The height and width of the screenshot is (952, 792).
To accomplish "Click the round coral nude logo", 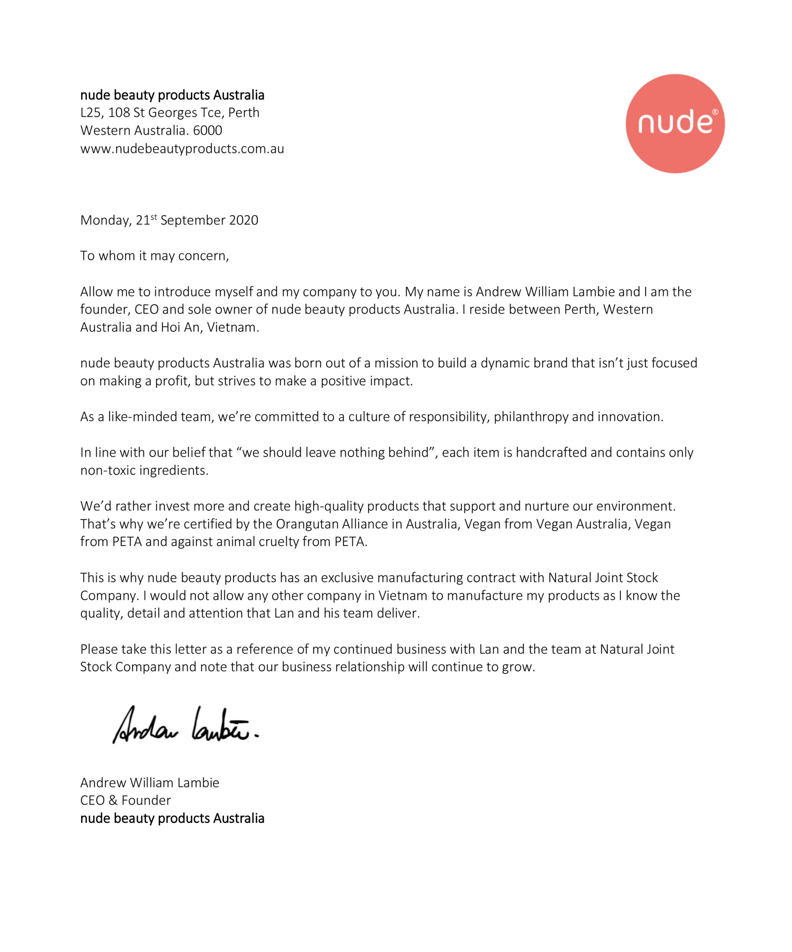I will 675,123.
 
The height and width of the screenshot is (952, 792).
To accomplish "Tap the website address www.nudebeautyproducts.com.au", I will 182,149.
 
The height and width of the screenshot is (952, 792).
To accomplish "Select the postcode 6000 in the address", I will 207,131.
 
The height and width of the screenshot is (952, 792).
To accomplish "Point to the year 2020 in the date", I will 244,220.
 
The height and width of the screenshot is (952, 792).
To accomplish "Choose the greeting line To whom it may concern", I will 155,256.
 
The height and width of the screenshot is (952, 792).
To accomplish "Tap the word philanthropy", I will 531,416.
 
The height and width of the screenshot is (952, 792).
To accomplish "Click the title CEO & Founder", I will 126,801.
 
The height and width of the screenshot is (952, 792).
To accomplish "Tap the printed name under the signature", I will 149,783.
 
